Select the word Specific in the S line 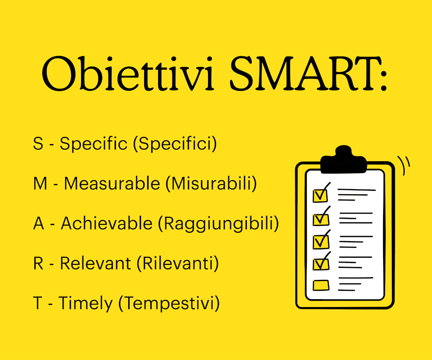click(x=93, y=144)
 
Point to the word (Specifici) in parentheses click(x=175, y=144)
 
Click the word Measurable click(x=112, y=183)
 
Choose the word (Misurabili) click(x=211, y=183)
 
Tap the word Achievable click(x=107, y=223)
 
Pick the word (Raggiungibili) click(x=219, y=224)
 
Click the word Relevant click(x=95, y=264)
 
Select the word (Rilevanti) click(x=178, y=264)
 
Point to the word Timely click(x=86, y=304)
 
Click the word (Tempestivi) click(x=169, y=304)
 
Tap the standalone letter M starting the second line click(x=40, y=184)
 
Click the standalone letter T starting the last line click(x=37, y=303)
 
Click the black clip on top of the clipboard click(x=344, y=160)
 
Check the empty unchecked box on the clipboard click(x=321, y=286)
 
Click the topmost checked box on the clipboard click(x=320, y=195)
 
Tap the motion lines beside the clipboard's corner click(x=404, y=165)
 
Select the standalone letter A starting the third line click(x=39, y=223)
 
